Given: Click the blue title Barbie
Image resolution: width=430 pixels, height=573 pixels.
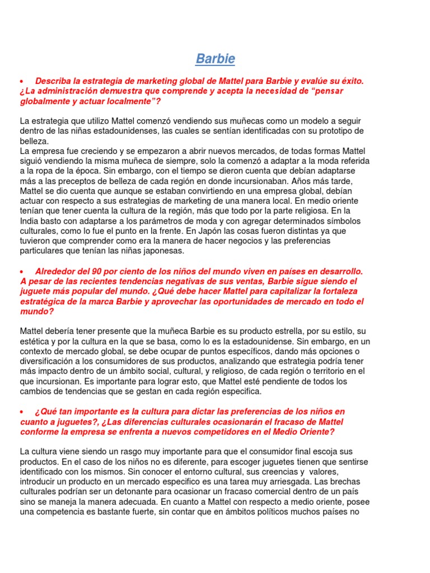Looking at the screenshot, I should (215, 59).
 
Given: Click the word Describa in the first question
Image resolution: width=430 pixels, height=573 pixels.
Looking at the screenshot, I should (54, 81).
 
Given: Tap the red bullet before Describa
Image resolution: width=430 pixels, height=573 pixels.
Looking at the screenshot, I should (22, 81).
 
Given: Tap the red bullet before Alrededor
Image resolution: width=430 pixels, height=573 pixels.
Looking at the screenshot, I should (22, 271).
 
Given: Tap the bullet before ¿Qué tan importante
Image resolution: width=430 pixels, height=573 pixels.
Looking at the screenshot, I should (22, 412).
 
